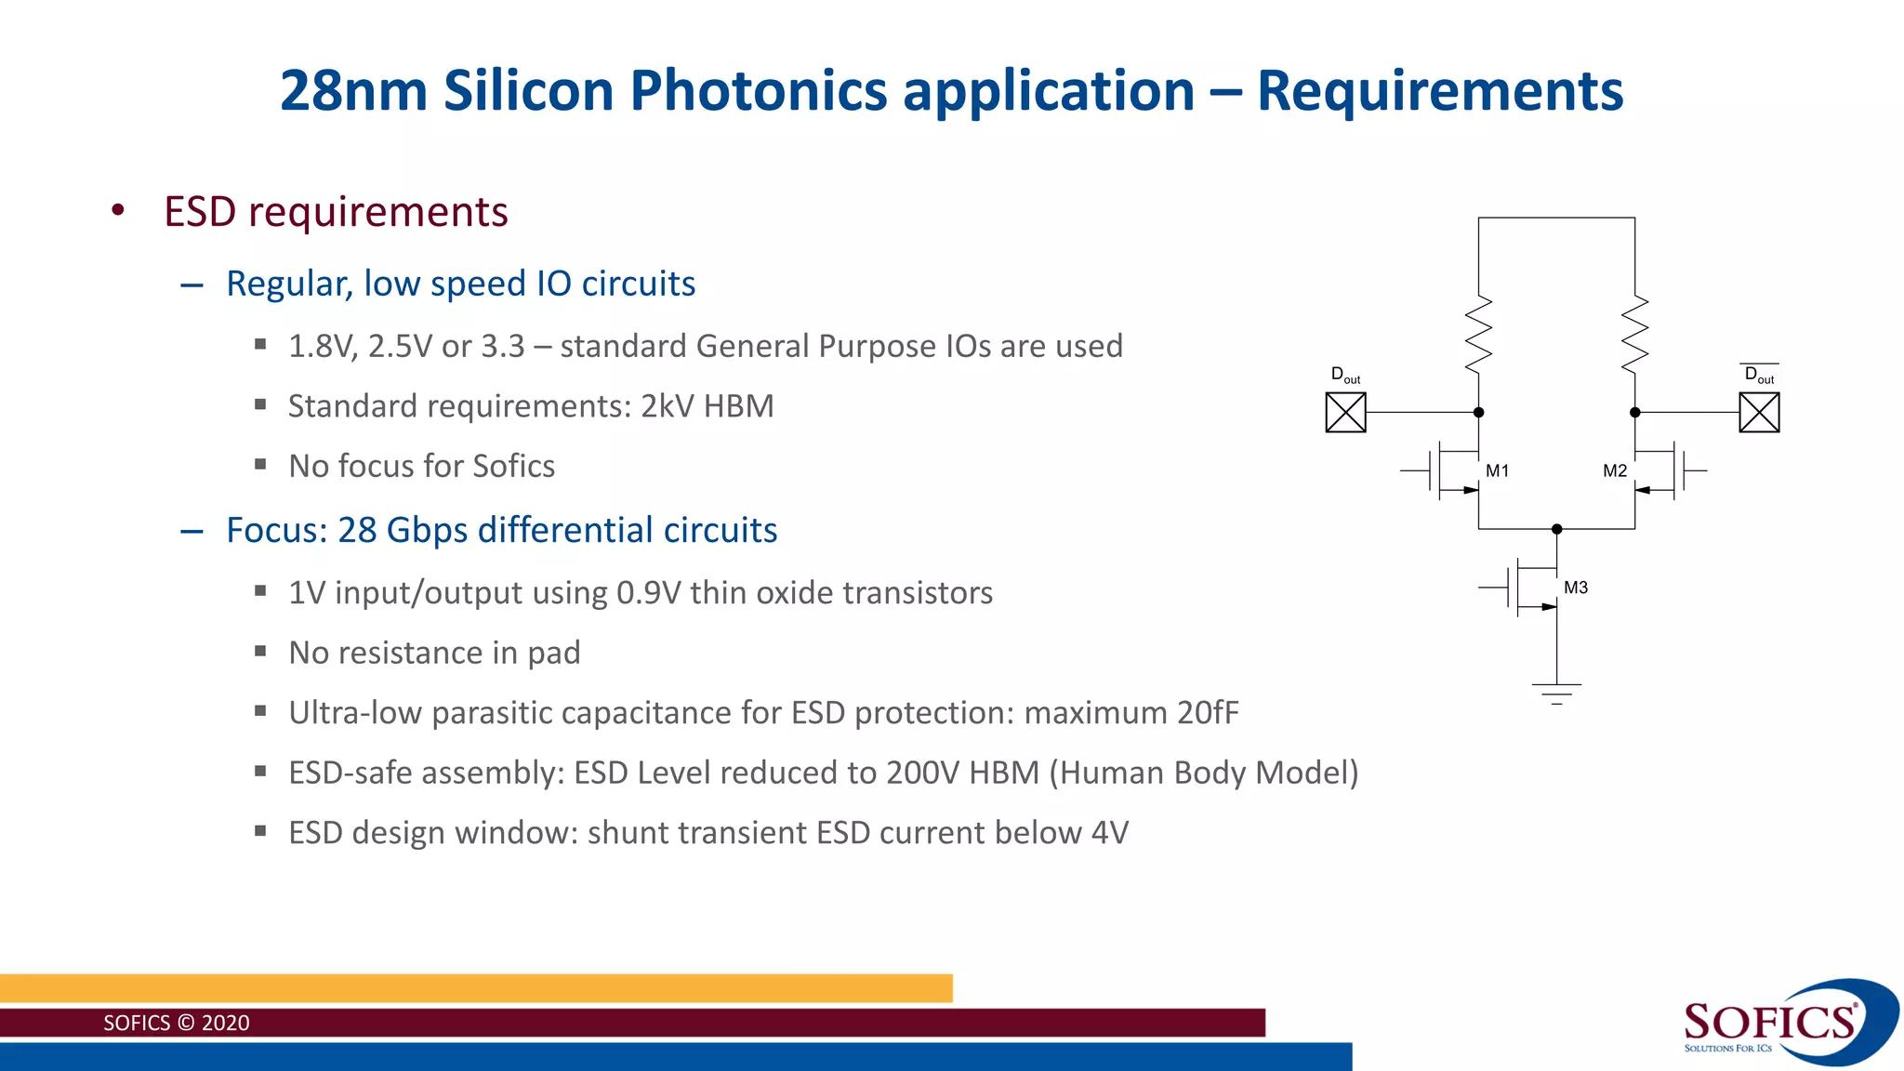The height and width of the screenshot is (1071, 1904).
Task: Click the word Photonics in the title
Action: pos(759,91)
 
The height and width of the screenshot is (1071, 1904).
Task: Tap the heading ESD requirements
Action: pos(336,212)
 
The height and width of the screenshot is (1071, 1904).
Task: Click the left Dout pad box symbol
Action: pos(1345,413)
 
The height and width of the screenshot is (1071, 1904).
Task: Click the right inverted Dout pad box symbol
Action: pos(1759,413)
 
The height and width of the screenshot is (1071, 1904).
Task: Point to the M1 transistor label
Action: pos(1497,470)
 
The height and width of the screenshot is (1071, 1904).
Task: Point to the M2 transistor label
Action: pos(1615,470)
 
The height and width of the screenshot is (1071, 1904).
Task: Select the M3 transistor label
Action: pos(1576,588)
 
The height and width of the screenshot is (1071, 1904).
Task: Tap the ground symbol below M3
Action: pos(1556,694)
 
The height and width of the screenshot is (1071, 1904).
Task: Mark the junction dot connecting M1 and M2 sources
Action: pos(1556,529)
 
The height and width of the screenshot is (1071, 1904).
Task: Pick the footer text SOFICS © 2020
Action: pos(177,1023)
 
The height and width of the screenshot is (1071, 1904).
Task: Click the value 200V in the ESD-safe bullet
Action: pos(922,773)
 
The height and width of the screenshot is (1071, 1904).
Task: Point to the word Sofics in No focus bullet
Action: pos(513,467)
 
